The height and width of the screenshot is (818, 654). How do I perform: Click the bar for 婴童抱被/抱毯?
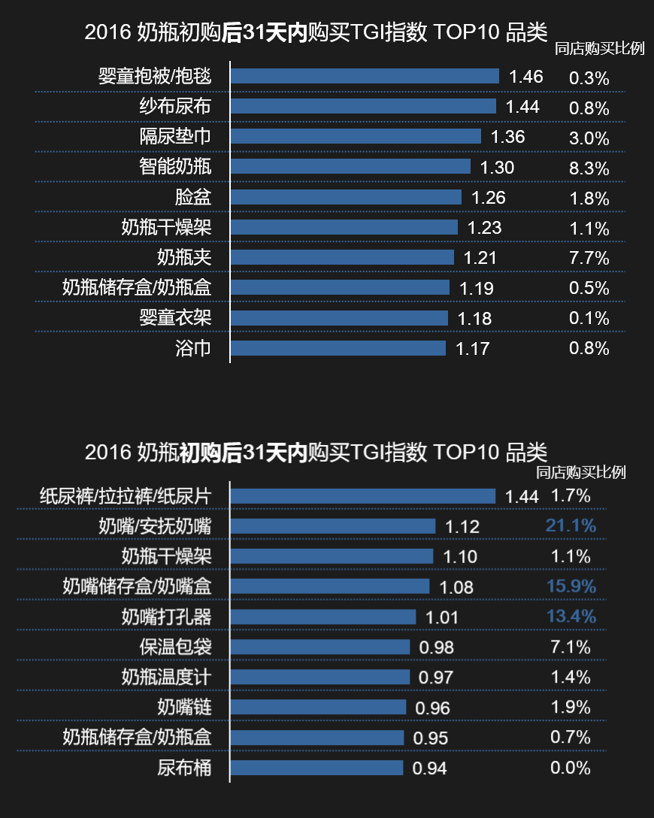click(365, 76)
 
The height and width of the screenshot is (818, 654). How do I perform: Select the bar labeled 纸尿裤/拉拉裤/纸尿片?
click(362, 496)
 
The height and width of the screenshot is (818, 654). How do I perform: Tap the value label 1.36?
click(507, 137)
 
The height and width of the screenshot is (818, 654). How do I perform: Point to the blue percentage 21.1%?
click(571, 526)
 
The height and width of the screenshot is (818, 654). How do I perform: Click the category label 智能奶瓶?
click(175, 167)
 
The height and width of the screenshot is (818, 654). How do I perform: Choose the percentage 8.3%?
click(589, 168)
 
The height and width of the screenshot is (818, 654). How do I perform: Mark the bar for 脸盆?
click(346, 197)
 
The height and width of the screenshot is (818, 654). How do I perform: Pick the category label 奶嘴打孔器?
click(166, 617)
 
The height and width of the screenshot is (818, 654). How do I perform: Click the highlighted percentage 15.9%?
click(571, 586)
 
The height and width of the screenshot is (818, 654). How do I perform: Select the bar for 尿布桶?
click(316, 768)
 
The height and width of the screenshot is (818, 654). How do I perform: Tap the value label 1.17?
click(472, 349)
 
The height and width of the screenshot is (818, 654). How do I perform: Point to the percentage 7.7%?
click(589, 259)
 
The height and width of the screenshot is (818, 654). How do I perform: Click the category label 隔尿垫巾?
click(175, 137)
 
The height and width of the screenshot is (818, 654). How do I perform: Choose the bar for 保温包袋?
click(319, 647)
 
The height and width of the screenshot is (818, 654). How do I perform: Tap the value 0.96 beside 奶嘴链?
click(432, 708)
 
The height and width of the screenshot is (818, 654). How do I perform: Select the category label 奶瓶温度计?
click(166, 677)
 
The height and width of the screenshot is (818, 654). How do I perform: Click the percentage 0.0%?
click(571, 768)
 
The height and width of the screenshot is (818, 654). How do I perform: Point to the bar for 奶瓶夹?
click(342, 257)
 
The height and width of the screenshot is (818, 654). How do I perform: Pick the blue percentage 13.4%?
click(571, 617)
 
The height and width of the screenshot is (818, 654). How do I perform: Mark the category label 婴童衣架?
click(175, 318)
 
